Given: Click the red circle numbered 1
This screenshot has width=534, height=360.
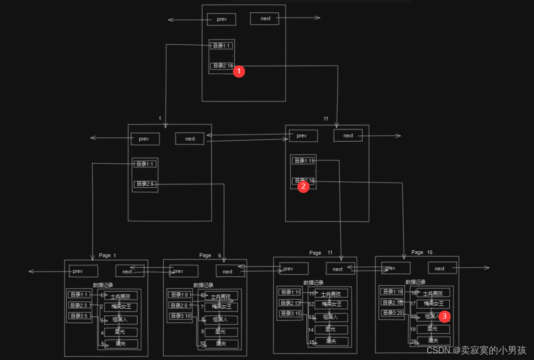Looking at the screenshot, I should [239, 72].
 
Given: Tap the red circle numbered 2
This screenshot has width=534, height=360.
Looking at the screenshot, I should [303, 186].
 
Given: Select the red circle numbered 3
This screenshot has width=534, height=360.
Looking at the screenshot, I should [445, 316].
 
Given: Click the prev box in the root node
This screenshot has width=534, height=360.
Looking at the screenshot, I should [222, 19].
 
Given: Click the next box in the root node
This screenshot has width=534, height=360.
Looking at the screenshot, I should [265, 18].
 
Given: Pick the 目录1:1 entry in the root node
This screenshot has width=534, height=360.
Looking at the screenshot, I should [222, 46].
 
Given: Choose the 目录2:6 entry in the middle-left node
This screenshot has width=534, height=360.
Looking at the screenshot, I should [145, 184].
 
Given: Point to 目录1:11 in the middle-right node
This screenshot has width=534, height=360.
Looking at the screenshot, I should [303, 161].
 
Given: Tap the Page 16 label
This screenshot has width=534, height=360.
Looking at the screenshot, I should [422, 253].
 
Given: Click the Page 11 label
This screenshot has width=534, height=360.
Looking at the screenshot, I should [321, 253].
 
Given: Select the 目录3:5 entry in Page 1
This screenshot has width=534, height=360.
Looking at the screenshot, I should [79, 316].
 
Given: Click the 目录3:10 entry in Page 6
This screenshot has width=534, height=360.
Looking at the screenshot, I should [181, 316].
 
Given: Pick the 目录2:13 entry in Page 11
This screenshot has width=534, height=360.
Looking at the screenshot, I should [290, 303].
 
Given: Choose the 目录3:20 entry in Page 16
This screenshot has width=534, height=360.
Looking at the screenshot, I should [392, 313].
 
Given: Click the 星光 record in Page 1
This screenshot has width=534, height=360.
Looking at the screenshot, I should [120, 332].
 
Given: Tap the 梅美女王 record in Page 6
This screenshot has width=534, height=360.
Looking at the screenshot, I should [221, 307].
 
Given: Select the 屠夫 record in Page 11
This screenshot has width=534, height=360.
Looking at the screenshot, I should [331, 341].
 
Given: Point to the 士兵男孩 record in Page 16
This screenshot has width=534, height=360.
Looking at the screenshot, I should [433, 293].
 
